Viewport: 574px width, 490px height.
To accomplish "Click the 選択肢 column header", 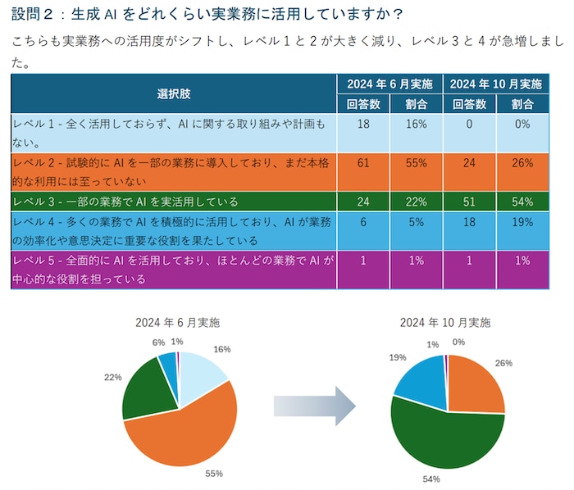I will coord(173,93).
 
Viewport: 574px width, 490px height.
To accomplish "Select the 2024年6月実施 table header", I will coord(389,84).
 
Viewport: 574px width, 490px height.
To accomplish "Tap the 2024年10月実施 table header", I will coord(495,84).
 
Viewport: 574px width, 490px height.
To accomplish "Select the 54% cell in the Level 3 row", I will coord(522,202).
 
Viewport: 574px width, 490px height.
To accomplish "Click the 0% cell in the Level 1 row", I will coord(522,123).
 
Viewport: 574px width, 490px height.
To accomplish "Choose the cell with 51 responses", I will coord(469,202).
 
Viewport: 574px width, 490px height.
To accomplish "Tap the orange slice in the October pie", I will coord(476,385).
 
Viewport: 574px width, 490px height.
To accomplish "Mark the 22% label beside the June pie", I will coord(113,377).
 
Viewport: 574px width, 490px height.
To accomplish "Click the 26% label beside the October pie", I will coord(503,363).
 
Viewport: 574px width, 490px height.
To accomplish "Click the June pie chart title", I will coord(178,322).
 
